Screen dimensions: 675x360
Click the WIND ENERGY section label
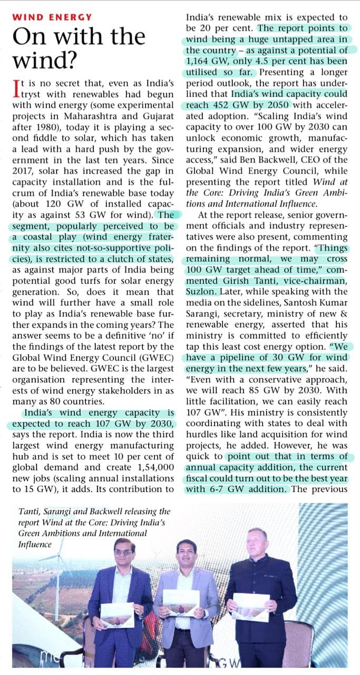pos(52,17)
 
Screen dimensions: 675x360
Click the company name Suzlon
pos(199,291)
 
